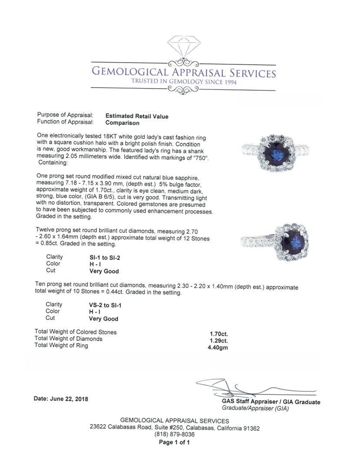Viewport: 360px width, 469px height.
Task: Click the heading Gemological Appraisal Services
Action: point(183,73)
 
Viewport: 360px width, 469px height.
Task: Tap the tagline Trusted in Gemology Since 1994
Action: point(185,82)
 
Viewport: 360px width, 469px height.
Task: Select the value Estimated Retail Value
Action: point(137,116)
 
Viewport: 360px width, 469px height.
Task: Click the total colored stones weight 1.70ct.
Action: point(219,334)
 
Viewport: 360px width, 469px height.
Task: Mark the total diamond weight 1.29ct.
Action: point(219,340)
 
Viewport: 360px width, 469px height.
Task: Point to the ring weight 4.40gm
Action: point(218,347)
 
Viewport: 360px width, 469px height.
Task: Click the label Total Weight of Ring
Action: point(61,346)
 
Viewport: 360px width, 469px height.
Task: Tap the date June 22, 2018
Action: point(61,399)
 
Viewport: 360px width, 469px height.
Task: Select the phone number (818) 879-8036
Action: point(175,434)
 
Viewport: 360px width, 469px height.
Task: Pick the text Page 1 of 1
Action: point(174,443)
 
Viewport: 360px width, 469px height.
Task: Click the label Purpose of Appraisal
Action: point(65,115)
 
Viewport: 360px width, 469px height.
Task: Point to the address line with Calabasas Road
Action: point(175,428)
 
